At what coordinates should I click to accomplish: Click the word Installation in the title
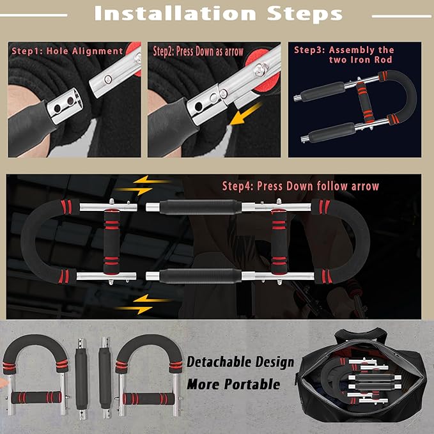[x=175, y=13]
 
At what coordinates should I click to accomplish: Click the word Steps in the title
[x=305, y=14]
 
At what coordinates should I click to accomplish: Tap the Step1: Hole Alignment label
[x=67, y=51]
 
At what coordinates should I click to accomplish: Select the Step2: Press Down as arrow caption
[x=198, y=52]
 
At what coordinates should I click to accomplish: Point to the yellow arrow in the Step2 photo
[x=246, y=114]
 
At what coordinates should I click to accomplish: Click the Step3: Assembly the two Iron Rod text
[x=344, y=55]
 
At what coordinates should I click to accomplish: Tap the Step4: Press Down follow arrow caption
[x=300, y=186]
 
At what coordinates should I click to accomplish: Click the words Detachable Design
[x=240, y=362]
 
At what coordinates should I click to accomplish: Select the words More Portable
[x=233, y=384]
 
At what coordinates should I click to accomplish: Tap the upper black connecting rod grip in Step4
[x=201, y=207]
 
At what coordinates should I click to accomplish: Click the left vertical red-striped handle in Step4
[x=112, y=242]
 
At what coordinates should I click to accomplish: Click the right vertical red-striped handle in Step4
[x=279, y=242]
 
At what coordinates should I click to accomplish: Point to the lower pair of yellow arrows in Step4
[x=143, y=304]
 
